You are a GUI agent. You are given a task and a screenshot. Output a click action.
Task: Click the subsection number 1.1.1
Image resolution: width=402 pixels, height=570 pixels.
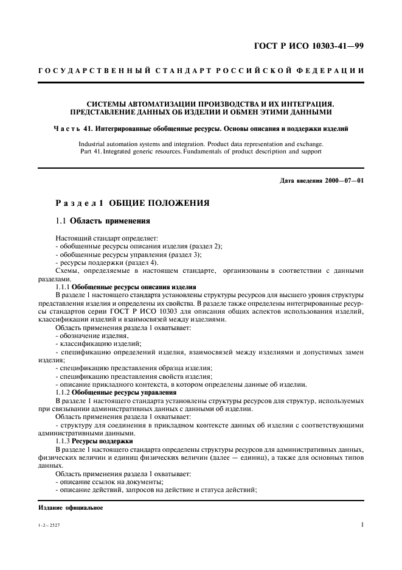point(64,286)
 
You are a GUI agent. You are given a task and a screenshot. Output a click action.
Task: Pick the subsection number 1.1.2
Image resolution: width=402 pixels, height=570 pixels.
point(64,392)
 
